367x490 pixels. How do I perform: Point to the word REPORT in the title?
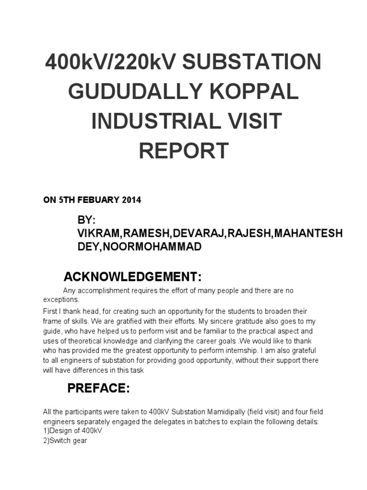click(183, 151)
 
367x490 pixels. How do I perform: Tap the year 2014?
click(131, 200)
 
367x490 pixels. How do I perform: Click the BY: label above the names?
click(86, 220)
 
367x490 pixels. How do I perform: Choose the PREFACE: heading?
click(98, 389)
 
